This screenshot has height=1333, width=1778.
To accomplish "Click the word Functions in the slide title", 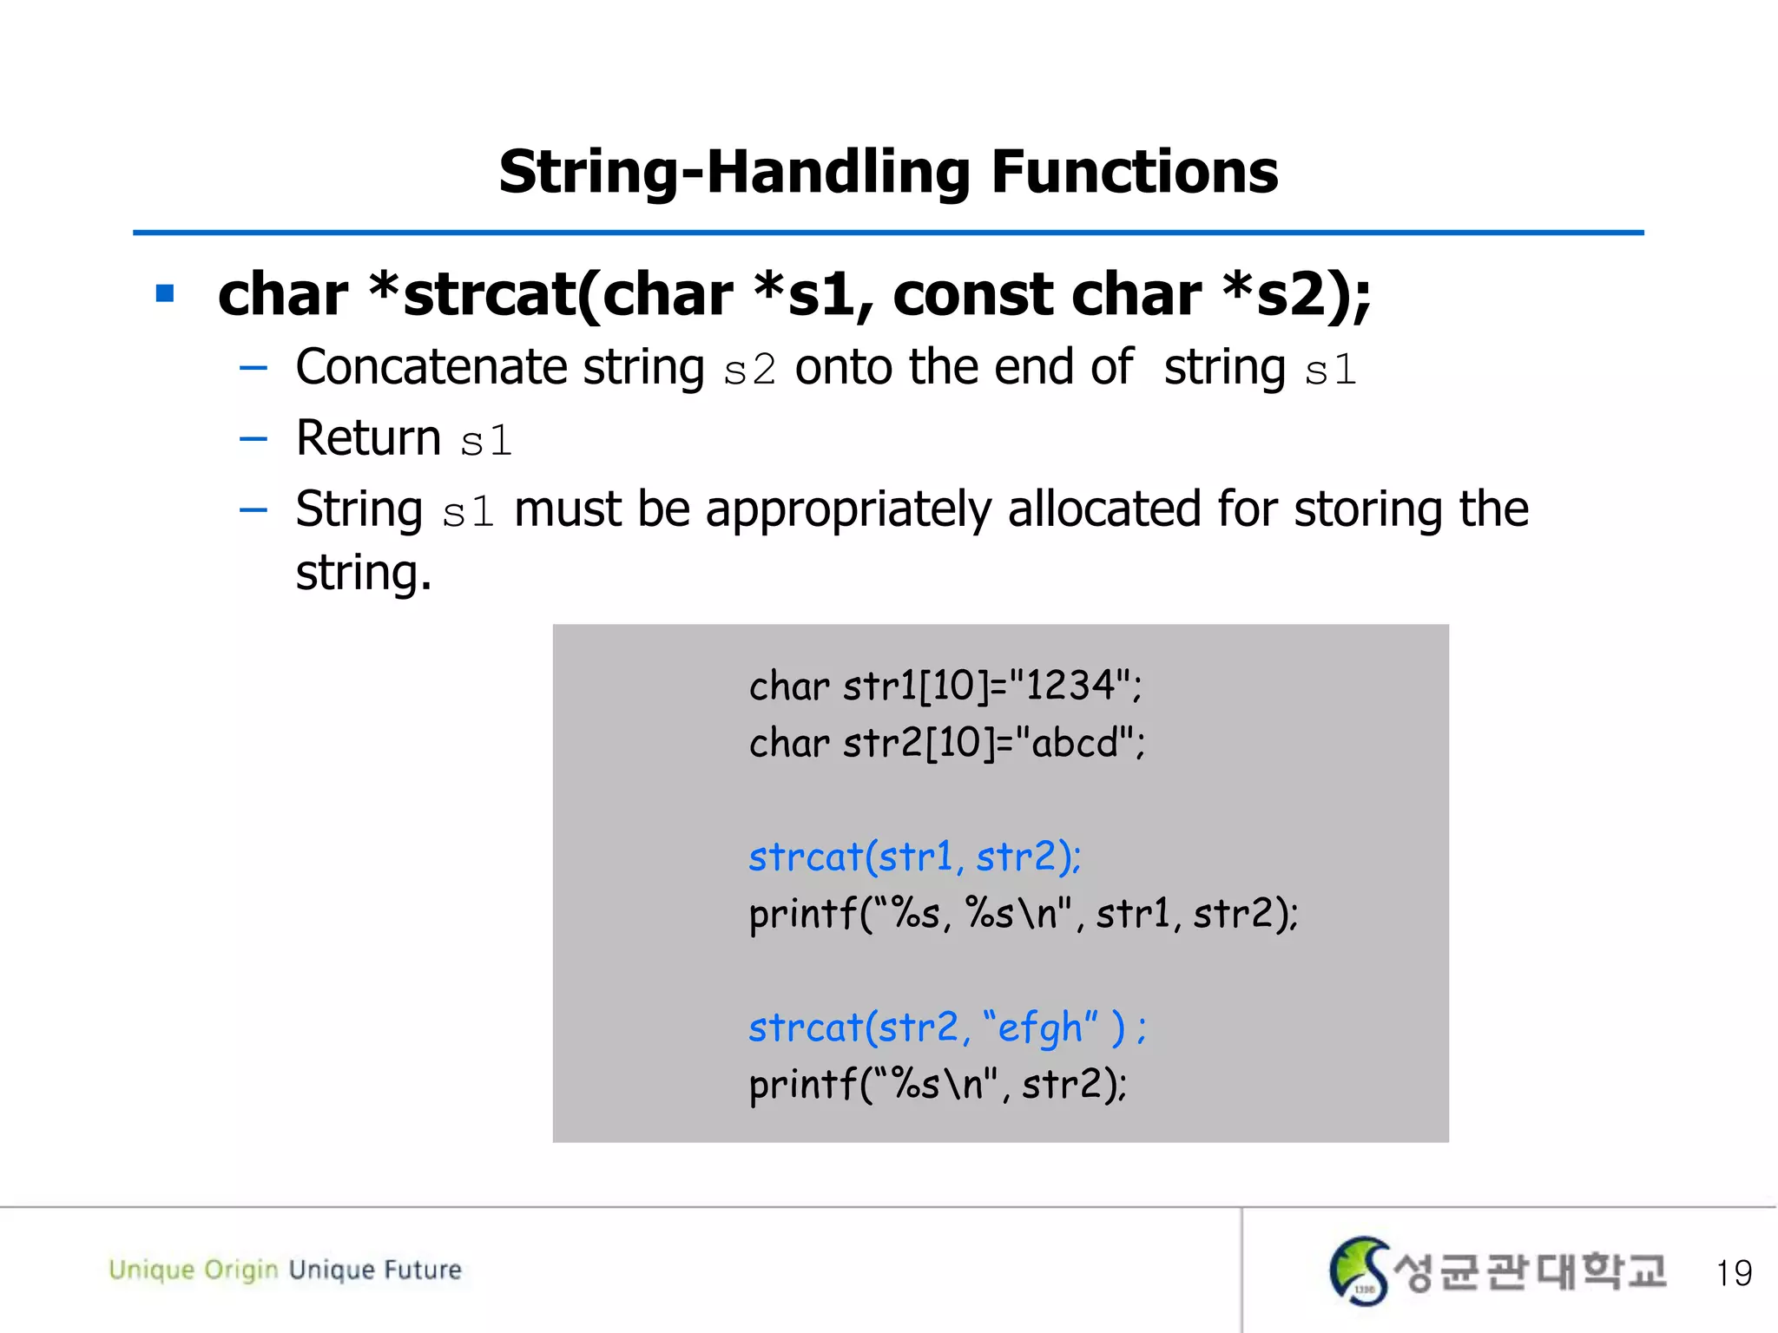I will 1134,172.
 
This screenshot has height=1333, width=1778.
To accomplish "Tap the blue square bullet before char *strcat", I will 165,293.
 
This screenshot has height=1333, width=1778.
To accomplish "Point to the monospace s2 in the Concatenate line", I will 749,371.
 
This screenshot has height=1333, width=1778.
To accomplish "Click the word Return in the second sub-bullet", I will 368,438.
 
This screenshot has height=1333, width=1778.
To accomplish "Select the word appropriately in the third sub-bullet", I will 848,509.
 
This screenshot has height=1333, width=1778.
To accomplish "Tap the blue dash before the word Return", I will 254,439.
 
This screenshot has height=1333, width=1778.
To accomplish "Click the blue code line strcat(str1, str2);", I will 914,857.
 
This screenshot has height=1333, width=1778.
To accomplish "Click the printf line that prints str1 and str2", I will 1023,914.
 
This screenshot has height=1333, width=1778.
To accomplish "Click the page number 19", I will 1733,1273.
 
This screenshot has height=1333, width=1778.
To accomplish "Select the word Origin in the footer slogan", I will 240,1271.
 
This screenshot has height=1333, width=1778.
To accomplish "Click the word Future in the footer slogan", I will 423,1270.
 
